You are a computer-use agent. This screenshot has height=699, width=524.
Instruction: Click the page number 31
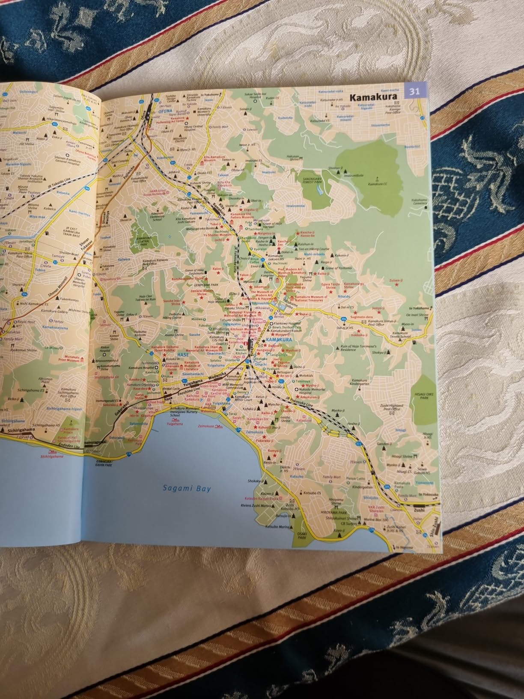point(414,91)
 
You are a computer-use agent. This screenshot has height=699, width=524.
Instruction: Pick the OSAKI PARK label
point(302,534)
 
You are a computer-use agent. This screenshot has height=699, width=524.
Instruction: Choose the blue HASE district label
point(183,355)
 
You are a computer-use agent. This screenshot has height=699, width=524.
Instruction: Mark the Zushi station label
point(419,511)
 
